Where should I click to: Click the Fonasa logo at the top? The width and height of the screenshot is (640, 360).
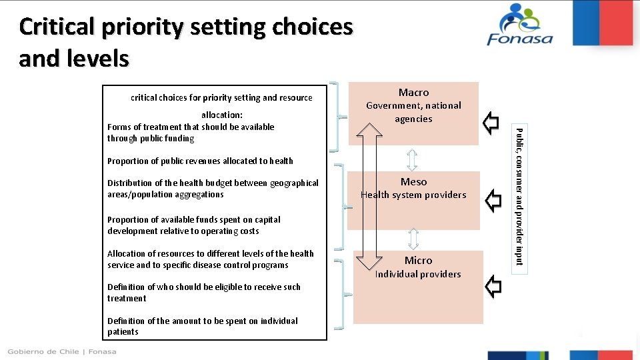[520, 25]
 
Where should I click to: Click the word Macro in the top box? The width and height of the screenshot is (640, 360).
[413, 92]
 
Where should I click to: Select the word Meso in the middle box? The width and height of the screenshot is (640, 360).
[413, 181]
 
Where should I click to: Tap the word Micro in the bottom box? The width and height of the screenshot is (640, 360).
[418, 260]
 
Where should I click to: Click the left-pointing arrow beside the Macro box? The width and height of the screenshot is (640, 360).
[491, 123]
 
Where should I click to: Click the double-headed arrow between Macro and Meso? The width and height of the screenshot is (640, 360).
[412, 159]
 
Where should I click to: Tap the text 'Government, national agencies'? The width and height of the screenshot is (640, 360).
[413, 112]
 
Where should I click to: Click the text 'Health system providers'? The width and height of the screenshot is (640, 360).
[413, 195]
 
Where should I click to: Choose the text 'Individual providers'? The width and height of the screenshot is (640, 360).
[418, 274]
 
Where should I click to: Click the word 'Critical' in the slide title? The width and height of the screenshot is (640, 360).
[57, 27]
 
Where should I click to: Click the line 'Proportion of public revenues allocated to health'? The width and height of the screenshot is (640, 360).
[200, 161]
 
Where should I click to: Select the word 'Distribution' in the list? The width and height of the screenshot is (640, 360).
[130, 183]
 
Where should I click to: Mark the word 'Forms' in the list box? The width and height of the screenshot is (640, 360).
[119, 127]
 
